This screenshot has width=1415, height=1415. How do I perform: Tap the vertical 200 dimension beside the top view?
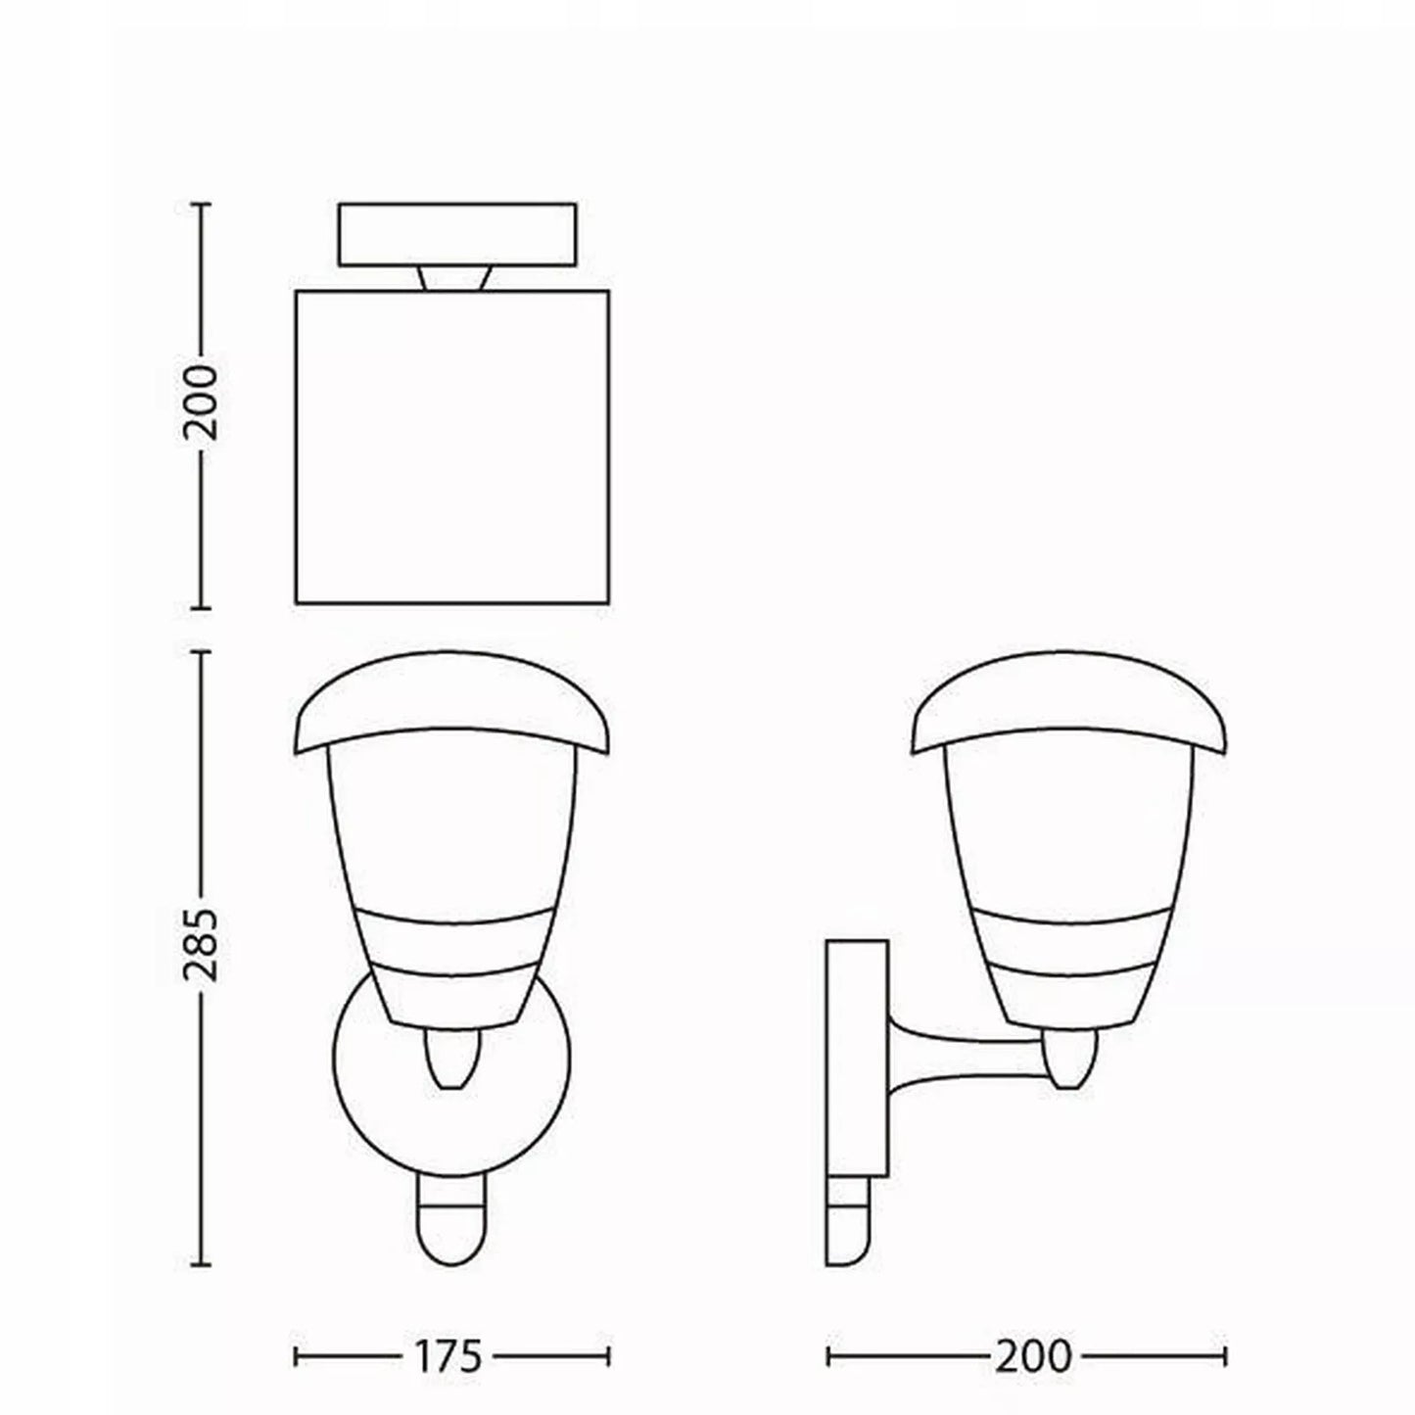point(201,402)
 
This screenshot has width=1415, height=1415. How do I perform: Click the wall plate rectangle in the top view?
point(456,234)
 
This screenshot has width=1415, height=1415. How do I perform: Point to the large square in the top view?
point(451,448)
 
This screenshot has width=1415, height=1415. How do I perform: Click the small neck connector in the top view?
point(453,277)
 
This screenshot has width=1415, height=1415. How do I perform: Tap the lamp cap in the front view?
point(451,701)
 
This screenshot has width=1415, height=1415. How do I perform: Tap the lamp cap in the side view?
point(1069,701)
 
